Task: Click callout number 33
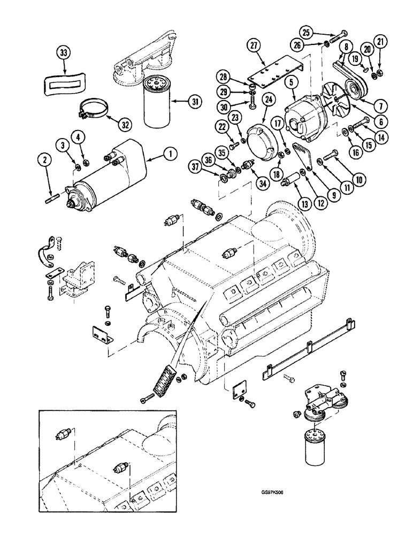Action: tap(64, 53)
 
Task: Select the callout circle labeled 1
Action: tap(170, 154)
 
